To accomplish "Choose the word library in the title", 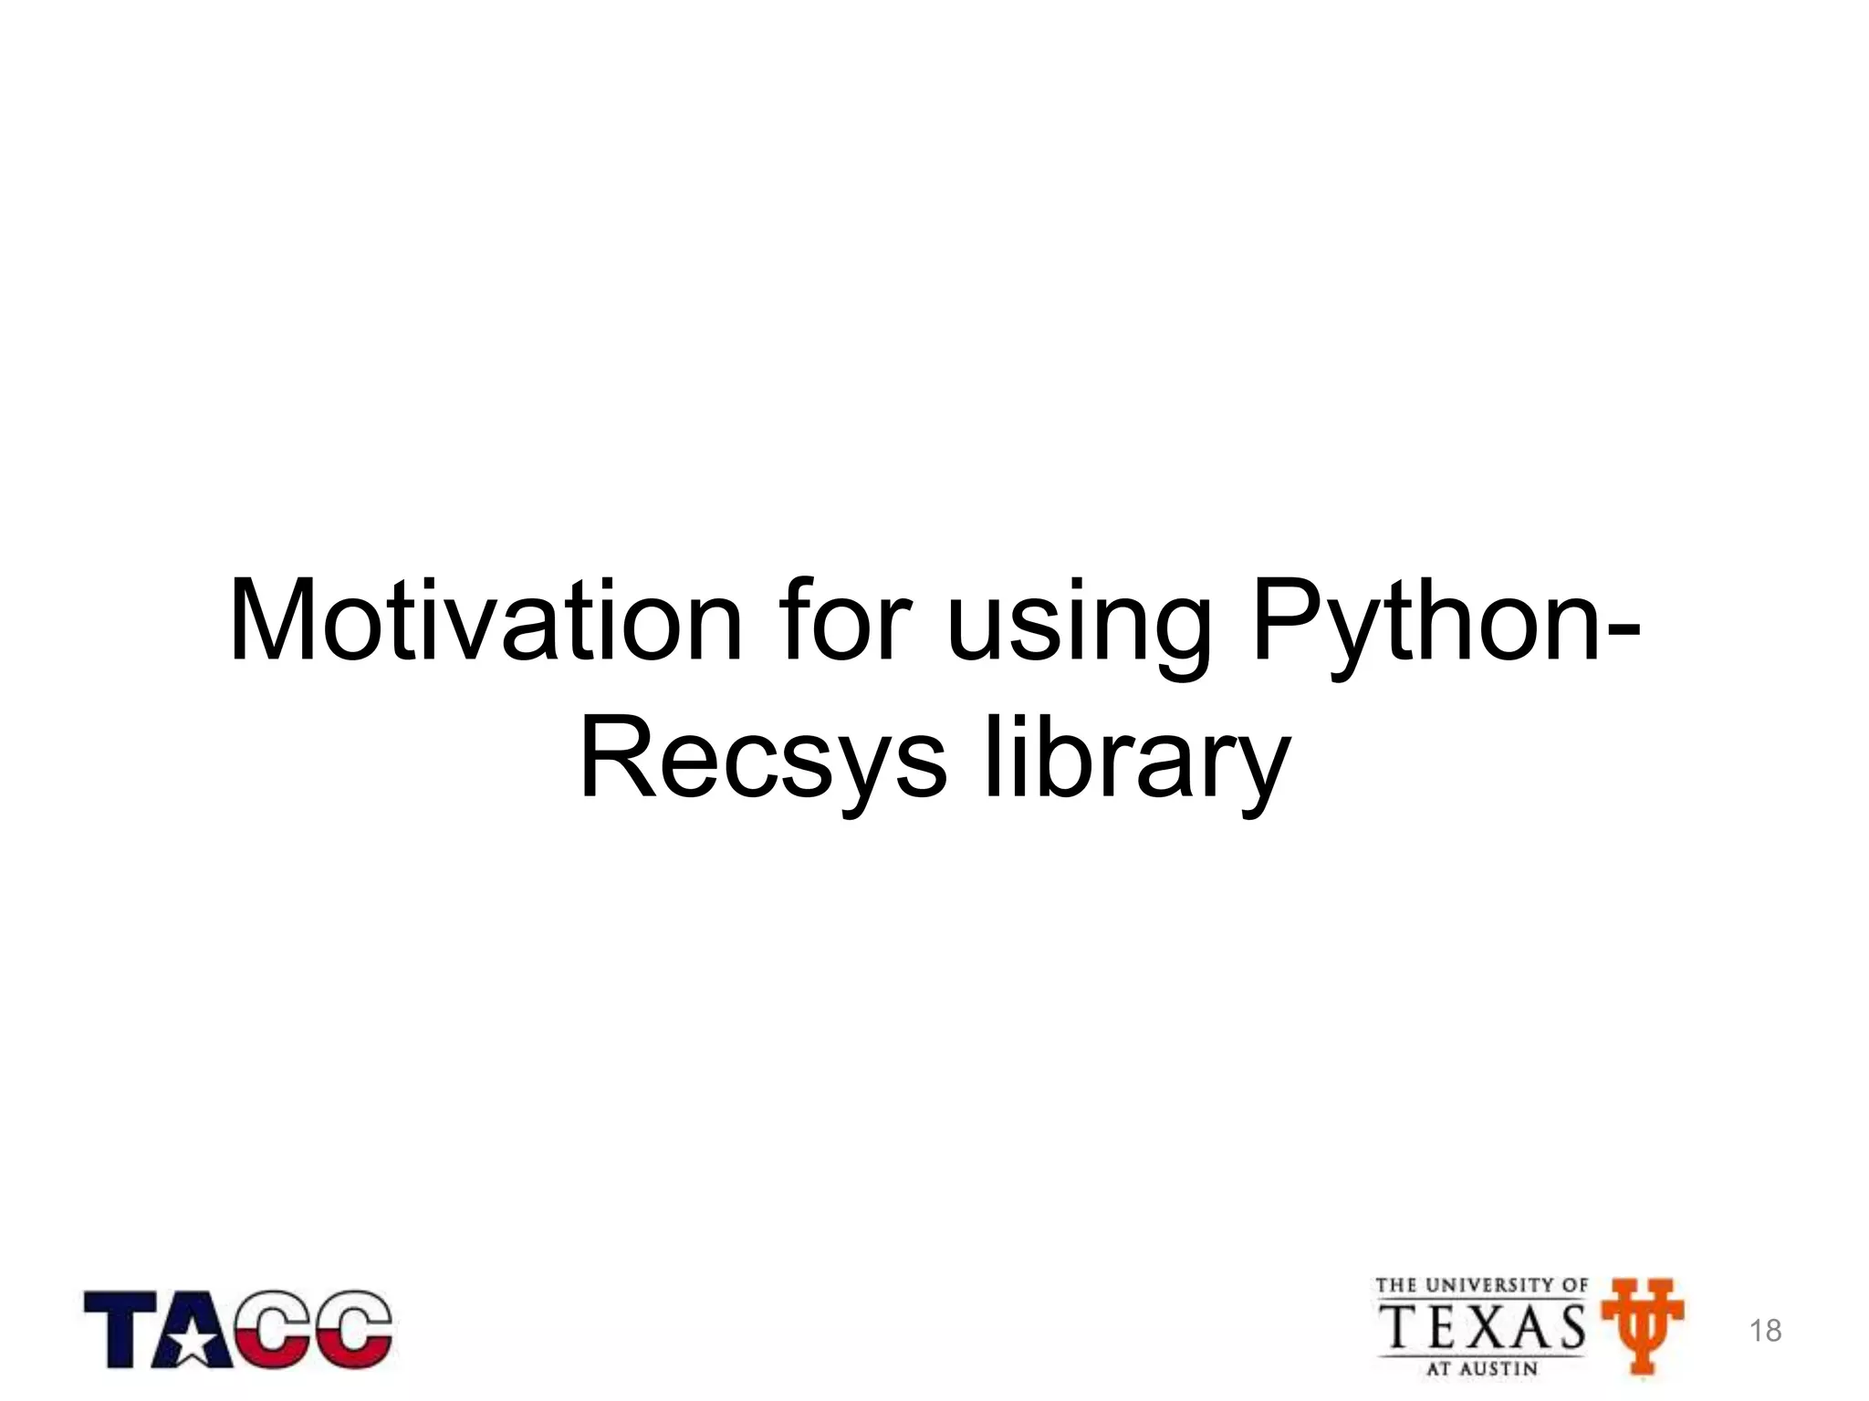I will [x=1135, y=762].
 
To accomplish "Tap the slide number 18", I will [x=1766, y=1331].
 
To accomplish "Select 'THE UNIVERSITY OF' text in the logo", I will [x=1481, y=1286].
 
